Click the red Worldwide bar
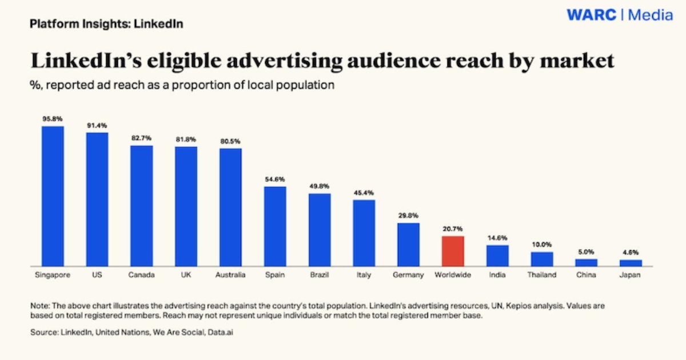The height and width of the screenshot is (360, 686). coord(453,251)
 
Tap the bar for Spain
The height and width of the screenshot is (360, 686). coord(275,226)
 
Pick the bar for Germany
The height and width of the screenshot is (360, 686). coord(408,245)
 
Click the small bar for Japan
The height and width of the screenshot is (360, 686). coord(631,263)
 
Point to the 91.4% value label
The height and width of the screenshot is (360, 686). coord(97,125)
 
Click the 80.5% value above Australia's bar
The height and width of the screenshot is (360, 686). coord(230,141)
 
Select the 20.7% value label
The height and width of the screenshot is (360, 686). coord(453,229)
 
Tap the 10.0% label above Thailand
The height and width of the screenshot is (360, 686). coord(541,245)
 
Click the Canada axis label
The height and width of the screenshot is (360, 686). coord(141,275)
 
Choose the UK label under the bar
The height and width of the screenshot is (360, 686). coord(186,275)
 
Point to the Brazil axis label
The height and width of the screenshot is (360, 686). coord(319,275)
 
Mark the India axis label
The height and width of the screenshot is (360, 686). coord(497,275)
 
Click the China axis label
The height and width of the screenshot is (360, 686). coord(586,275)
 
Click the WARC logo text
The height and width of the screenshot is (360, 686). coord(592,15)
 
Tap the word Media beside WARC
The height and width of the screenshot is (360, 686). coord(651,15)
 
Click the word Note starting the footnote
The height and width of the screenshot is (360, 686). coord(39,306)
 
